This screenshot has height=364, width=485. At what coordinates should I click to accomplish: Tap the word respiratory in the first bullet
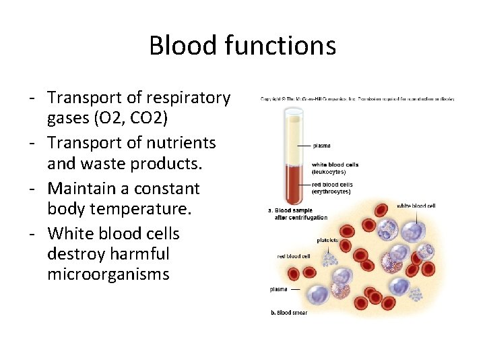click(186, 98)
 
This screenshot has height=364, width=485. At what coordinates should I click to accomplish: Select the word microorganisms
click(108, 274)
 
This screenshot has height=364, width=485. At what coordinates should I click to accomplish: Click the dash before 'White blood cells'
click(32, 233)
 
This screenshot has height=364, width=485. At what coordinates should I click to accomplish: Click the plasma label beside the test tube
click(321, 145)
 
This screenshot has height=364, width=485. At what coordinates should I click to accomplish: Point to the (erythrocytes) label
click(331, 191)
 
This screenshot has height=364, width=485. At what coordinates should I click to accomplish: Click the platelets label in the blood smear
click(327, 240)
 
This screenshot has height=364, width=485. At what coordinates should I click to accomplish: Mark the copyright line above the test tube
click(357, 99)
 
